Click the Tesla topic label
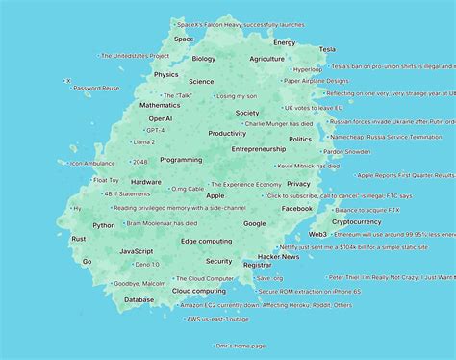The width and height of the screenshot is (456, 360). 327,48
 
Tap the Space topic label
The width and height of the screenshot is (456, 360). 184,39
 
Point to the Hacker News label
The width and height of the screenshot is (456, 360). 278,257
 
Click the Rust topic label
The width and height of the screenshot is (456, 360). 79,238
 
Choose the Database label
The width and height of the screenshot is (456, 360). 139,299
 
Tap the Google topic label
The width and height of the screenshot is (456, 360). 254,223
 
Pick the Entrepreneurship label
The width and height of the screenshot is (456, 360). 258,149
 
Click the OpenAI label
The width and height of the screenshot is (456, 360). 161,117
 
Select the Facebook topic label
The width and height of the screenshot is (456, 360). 296,208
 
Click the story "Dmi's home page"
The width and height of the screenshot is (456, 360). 241,346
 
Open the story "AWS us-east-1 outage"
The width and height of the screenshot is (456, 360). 216,319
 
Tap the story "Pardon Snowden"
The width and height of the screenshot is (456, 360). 346,151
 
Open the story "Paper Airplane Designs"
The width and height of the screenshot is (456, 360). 321,81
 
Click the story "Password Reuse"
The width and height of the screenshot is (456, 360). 96,88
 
